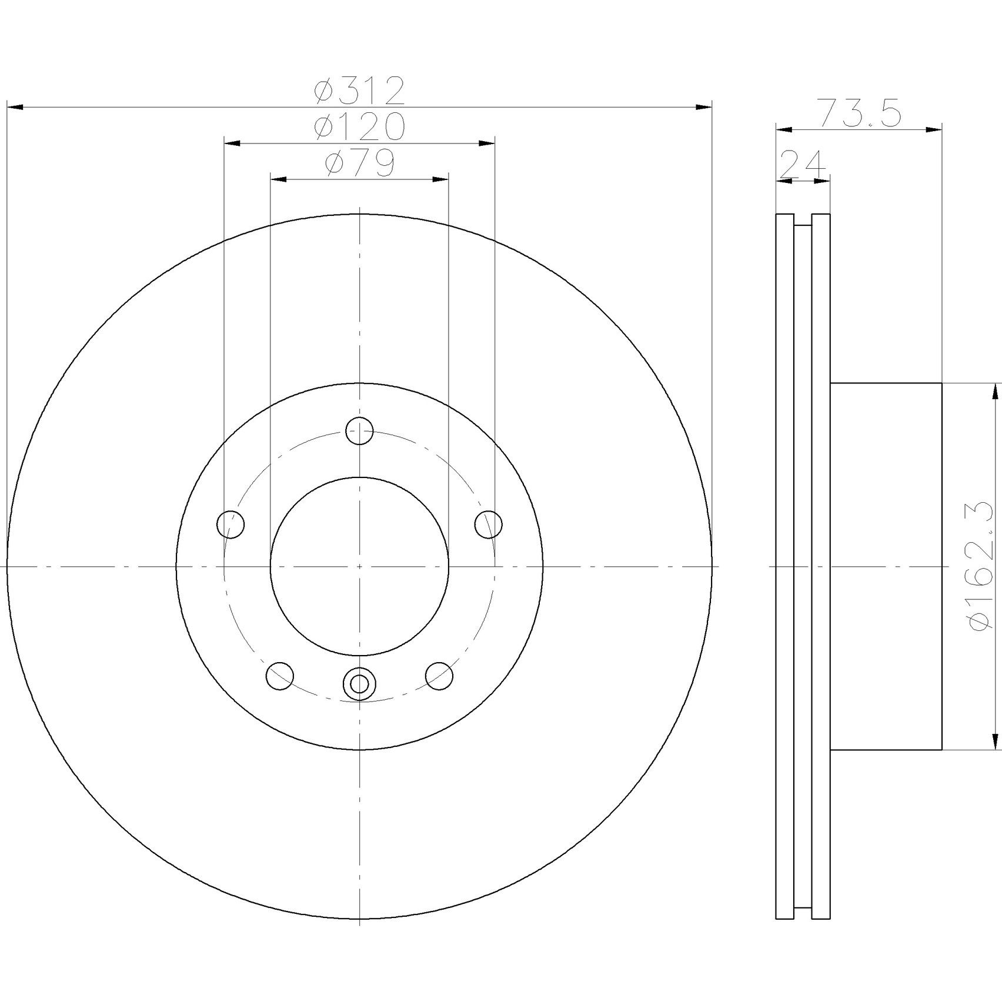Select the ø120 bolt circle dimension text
[x=359, y=127]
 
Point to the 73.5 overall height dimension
[x=860, y=114]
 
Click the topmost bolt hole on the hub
[x=359, y=431]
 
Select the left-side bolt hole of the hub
[x=231, y=524]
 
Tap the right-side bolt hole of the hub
[x=489, y=524]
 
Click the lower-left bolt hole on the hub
[x=280, y=676]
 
